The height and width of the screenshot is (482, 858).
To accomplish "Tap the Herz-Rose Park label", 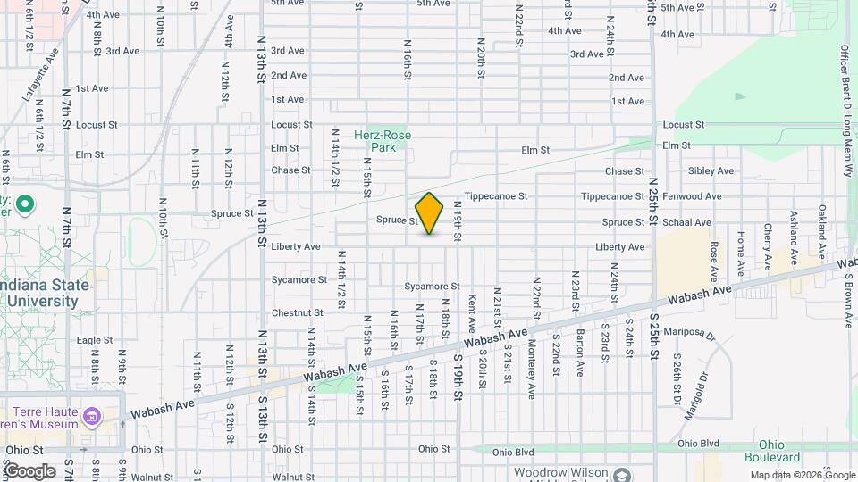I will [x=383, y=141].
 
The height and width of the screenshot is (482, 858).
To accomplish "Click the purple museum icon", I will [x=92, y=417].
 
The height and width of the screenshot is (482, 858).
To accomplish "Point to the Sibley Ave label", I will [x=711, y=170].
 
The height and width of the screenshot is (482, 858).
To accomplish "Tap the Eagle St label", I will [x=94, y=340].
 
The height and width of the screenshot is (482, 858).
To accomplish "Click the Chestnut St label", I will [x=297, y=313].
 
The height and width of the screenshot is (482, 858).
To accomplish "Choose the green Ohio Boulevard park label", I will [x=784, y=452].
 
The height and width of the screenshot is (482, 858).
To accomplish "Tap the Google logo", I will [x=30, y=471].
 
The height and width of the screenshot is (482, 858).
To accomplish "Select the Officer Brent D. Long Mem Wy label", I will [x=845, y=98].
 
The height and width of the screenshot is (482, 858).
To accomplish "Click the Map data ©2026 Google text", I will [x=802, y=475].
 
